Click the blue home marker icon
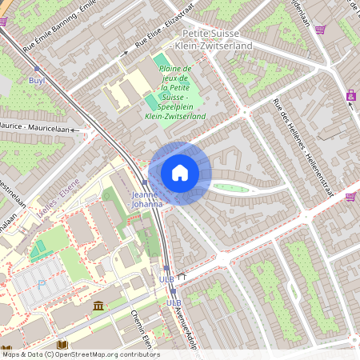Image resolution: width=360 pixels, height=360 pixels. click(180, 172)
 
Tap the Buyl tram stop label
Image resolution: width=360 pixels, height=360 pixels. click(37, 81)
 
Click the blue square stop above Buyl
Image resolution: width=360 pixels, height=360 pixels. click(37, 70)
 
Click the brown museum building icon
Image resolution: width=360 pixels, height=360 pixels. click(98, 306)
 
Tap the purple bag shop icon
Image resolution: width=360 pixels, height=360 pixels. click(351, 95)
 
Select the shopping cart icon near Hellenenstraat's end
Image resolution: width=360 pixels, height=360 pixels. click(350, 196)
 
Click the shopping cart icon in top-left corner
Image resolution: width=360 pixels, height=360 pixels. click(3, 22)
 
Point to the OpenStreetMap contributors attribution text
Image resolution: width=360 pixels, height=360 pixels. click(80, 354)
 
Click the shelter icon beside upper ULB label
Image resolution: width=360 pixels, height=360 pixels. click(182, 278)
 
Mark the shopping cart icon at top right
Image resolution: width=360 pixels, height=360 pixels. click(320, 30)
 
